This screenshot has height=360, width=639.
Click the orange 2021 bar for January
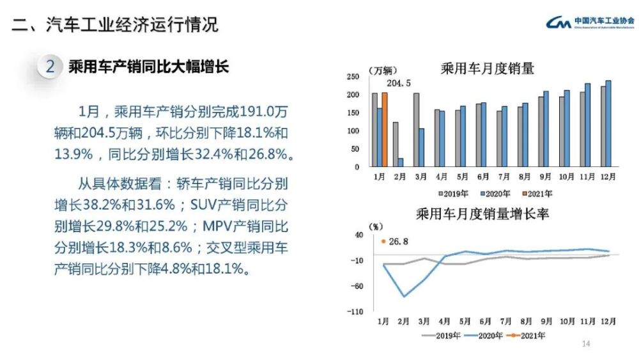[x=385, y=129]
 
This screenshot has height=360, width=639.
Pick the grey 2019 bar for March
[x=416, y=130]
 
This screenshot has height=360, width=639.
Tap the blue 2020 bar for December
[x=608, y=123]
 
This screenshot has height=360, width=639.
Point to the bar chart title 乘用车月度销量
[x=488, y=68]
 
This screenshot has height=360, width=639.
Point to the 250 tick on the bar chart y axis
[x=352, y=77]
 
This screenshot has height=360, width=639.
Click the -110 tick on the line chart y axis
[x=354, y=311]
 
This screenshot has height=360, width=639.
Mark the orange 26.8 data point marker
[x=383, y=241]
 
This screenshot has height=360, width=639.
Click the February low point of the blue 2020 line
[x=404, y=296]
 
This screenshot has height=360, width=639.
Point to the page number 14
[x=585, y=344]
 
